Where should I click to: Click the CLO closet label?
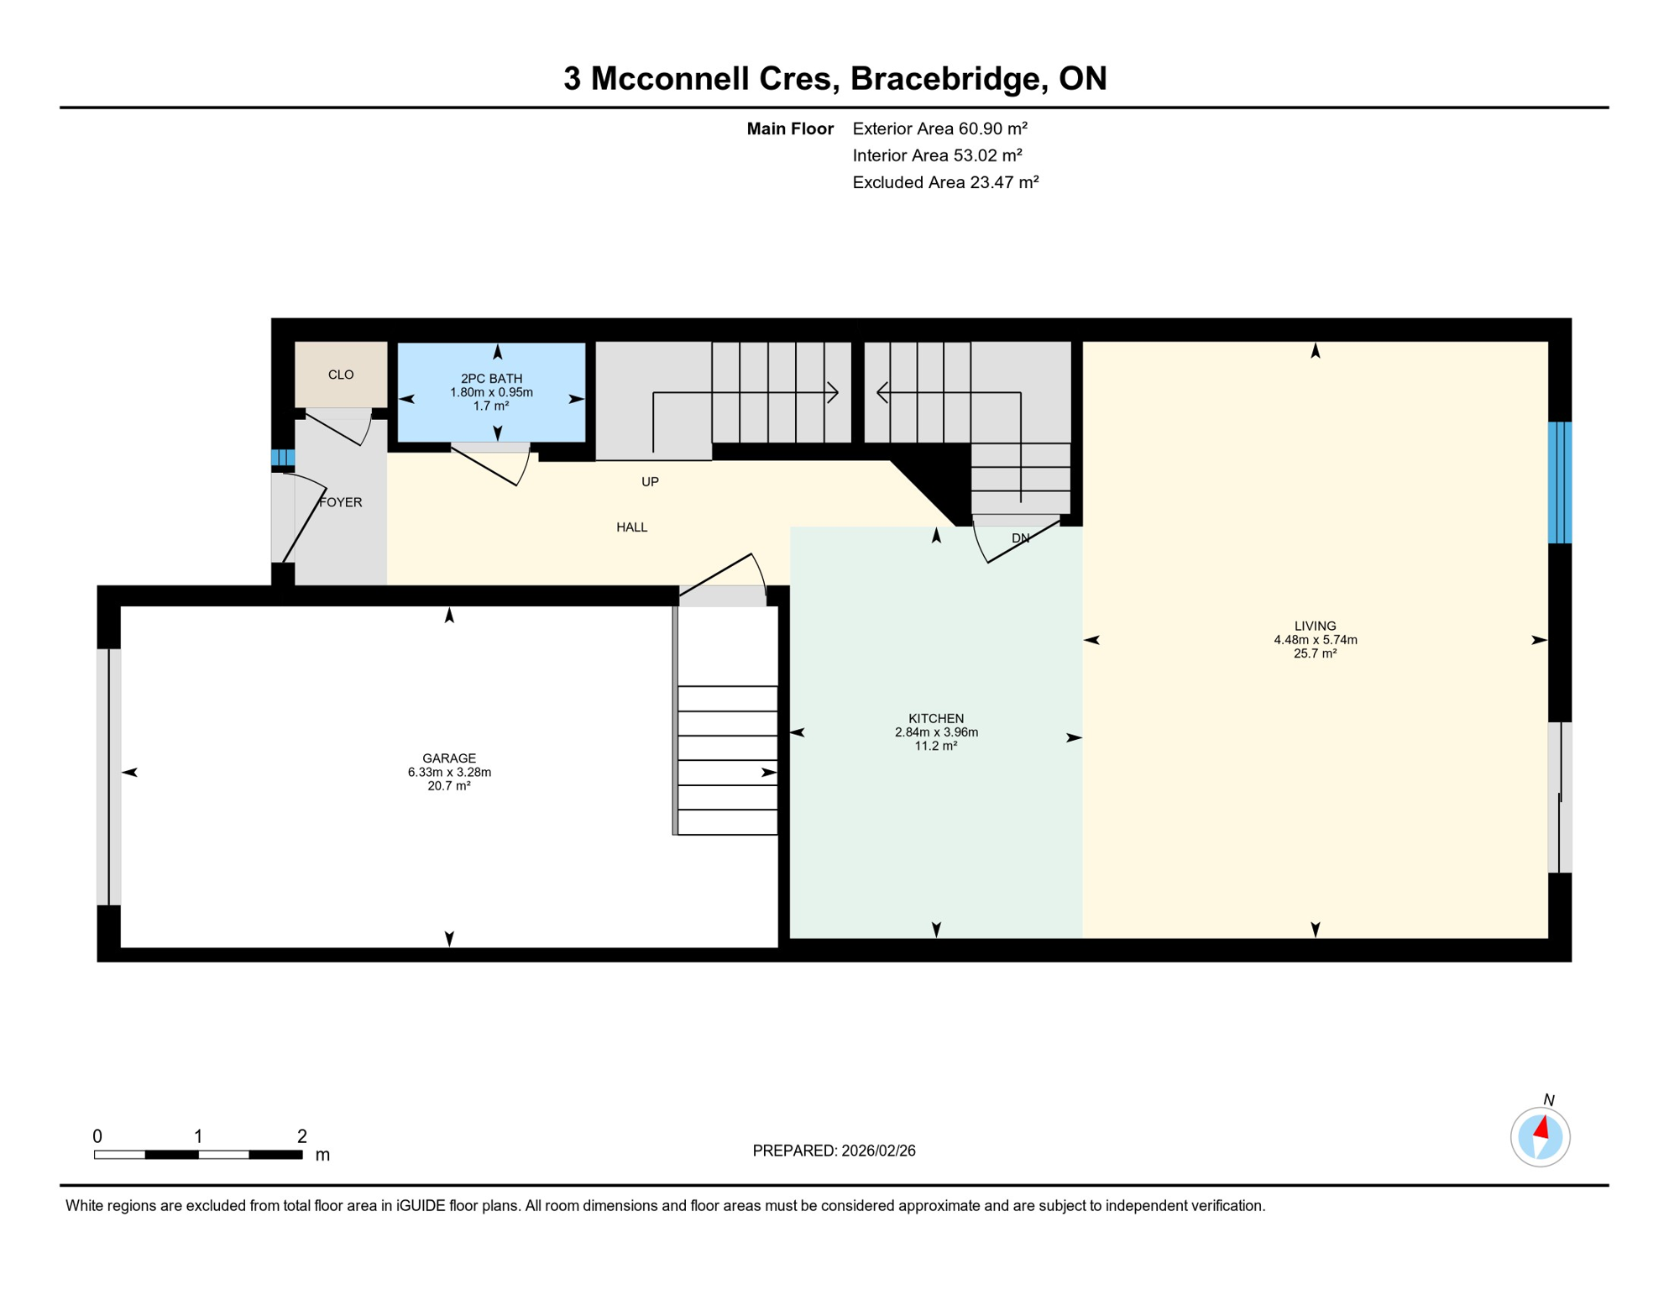pyautogui.click(x=341, y=375)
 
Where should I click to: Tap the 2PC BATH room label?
pyautogui.click(x=491, y=379)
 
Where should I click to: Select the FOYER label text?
pyautogui.click(x=341, y=502)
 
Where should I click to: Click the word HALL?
pyautogui.click(x=631, y=527)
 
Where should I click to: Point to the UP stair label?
pyautogui.click(x=650, y=482)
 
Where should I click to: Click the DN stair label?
pyautogui.click(x=1020, y=538)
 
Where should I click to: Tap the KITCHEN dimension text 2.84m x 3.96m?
pyautogui.click(x=936, y=732)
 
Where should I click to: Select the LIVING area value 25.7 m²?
pyautogui.click(x=1315, y=653)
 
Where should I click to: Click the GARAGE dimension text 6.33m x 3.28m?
pyautogui.click(x=449, y=773)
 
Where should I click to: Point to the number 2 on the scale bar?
pyautogui.click(x=302, y=1136)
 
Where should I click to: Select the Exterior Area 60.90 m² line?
pyautogui.click(x=939, y=128)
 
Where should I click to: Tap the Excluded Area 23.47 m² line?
pyautogui.click(x=945, y=182)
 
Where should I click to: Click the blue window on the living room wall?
pyautogui.click(x=1559, y=482)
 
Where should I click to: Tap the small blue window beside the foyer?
pyautogui.click(x=282, y=458)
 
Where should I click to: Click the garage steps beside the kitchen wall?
pyautogui.click(x=727, y=760)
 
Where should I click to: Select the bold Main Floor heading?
pyautogui.click(x=789, y=128)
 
